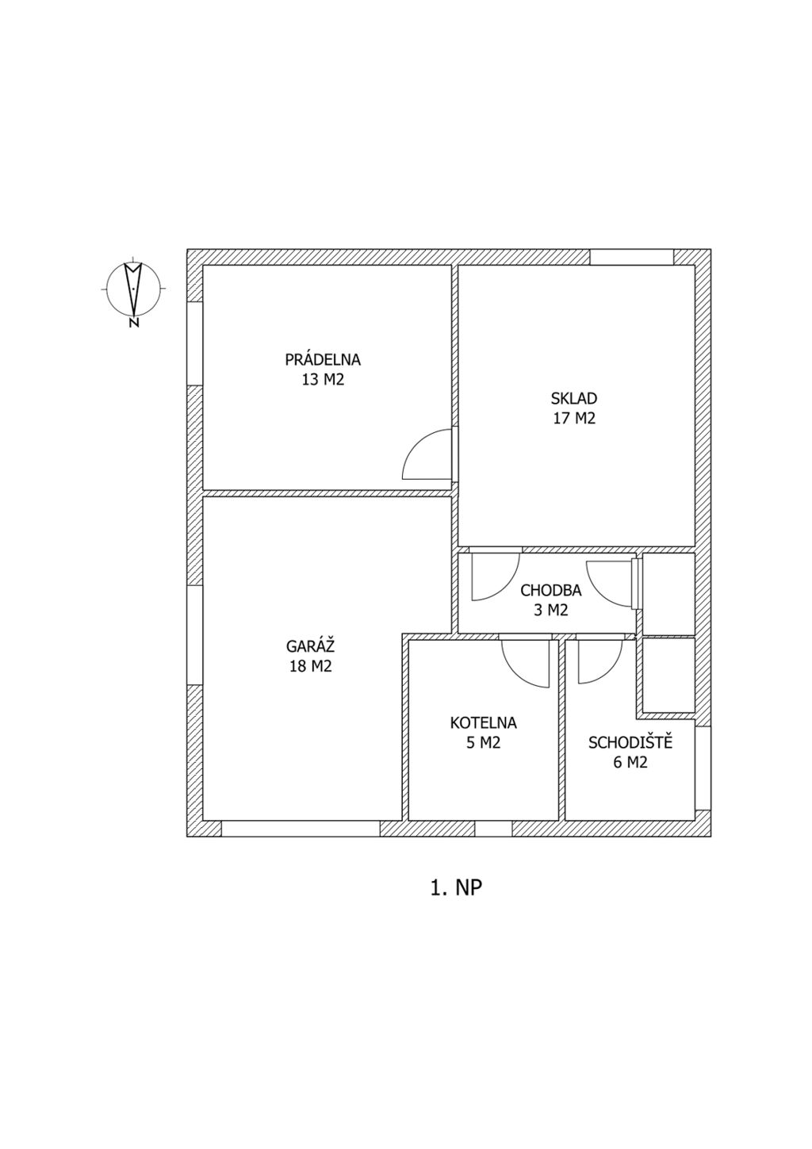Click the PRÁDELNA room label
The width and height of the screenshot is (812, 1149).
[323, 358]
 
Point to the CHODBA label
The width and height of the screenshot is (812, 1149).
[551, 591]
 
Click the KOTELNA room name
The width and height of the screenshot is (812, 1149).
[483, 722]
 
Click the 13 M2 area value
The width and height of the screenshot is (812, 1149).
[324, 380]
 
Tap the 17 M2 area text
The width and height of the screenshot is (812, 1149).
[574, 419]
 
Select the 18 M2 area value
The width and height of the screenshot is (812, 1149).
[310, 666]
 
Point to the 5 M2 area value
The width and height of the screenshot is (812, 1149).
[483, 743]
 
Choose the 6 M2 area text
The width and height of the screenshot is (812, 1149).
[630, 763]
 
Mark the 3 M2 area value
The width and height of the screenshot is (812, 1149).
[551, 611]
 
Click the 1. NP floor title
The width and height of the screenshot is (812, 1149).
[456, 888]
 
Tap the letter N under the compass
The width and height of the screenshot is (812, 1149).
[134, 323]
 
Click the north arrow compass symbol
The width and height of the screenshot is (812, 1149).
[133, 289]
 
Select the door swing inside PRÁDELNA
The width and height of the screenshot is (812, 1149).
[427, 454]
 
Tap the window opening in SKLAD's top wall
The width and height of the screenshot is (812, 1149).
[631, 257]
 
